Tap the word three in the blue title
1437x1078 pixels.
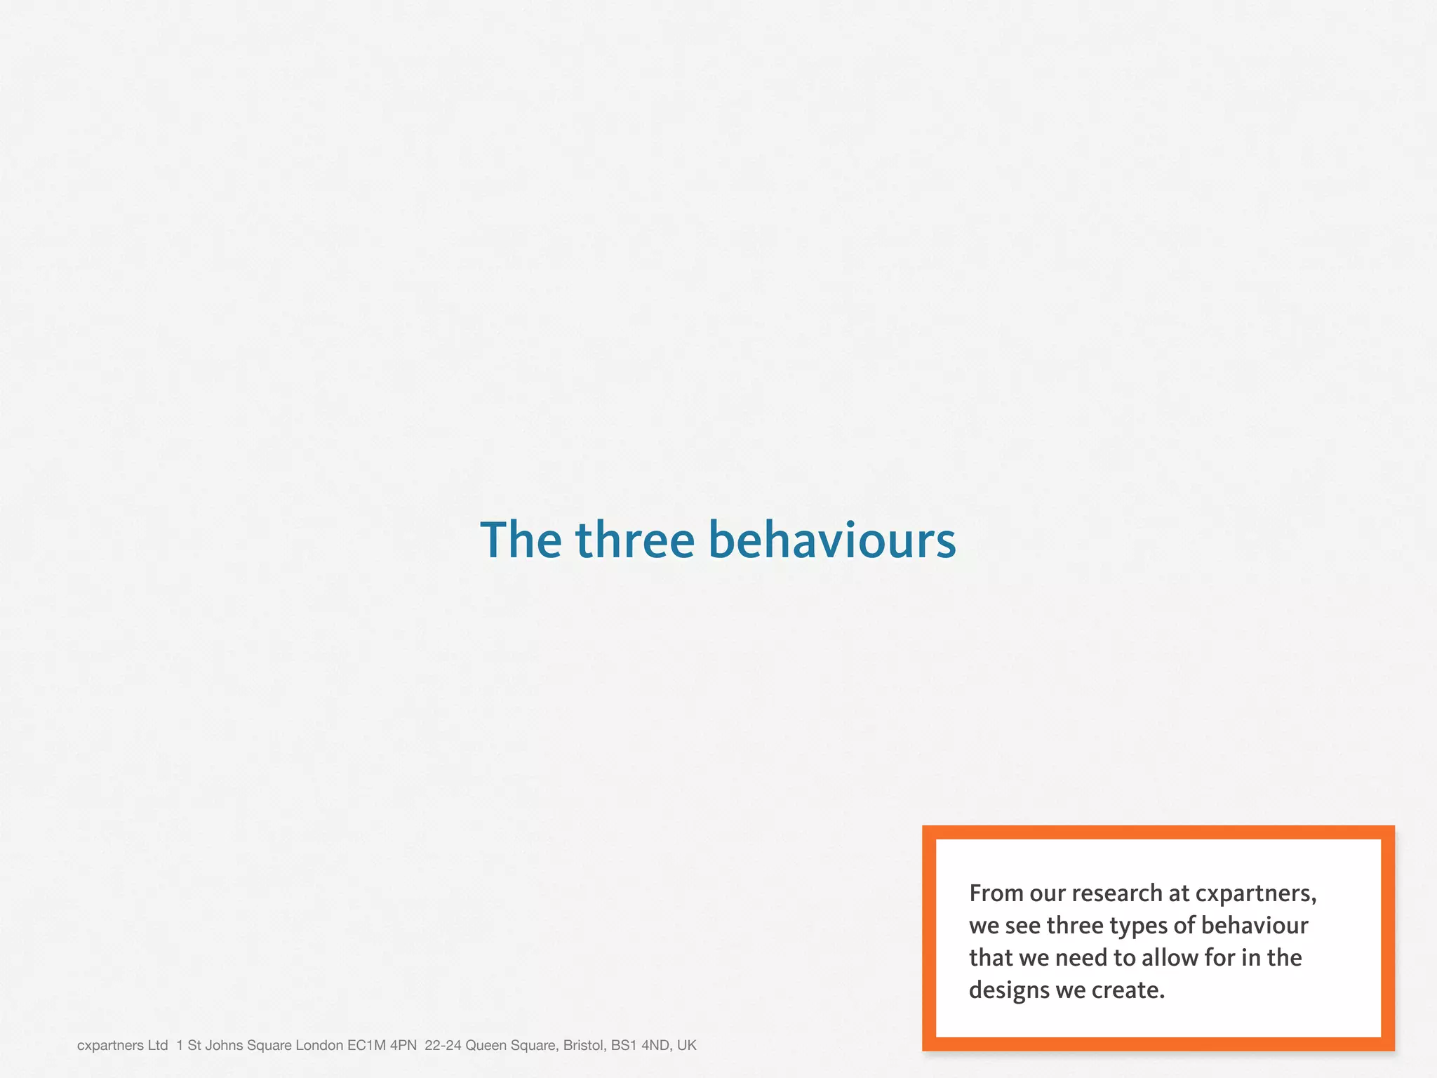[x=635, y=540]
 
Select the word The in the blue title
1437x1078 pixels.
[x=521, y=540]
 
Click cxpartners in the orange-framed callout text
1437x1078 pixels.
[x=1255, y=893]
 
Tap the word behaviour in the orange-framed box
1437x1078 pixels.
[x=1255, y=926]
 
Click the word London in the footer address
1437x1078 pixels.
[x=319, y=1046]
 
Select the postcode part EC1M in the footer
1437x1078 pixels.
[x=366, y=1046]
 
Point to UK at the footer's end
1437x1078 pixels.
[x=686, y=1046]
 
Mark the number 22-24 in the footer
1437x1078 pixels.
[x=443, y=1046]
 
